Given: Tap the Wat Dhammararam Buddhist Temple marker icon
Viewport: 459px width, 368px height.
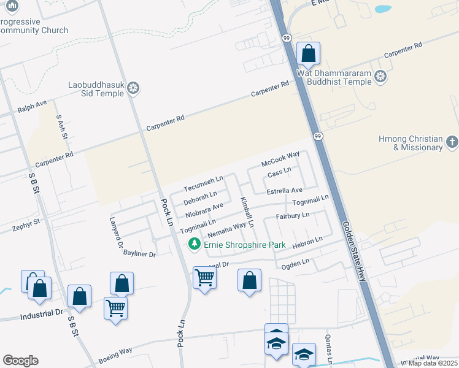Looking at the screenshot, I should pos(380,77).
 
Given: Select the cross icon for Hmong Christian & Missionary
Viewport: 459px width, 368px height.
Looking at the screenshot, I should pos(452,142).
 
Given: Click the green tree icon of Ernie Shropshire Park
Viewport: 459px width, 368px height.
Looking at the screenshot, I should pos(195,245).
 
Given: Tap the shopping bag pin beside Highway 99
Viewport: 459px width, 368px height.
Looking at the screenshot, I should pos(308,54).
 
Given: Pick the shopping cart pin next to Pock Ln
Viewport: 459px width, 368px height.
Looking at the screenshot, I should pos(204,278).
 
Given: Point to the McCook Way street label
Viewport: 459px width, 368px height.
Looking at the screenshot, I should pos(280,159).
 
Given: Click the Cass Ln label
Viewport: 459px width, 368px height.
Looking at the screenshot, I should pos(279,173).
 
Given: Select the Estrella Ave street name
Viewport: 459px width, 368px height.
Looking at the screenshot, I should pos(285,191).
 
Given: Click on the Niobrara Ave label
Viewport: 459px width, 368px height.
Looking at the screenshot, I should pos(204,210).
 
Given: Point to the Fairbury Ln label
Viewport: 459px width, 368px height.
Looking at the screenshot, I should pos(293,216).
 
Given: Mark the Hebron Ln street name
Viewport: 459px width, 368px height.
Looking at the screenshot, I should pos(307,242).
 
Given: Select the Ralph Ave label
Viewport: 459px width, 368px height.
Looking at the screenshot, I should pos(32,107).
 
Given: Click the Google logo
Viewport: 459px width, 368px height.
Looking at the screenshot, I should pos(20,361).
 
